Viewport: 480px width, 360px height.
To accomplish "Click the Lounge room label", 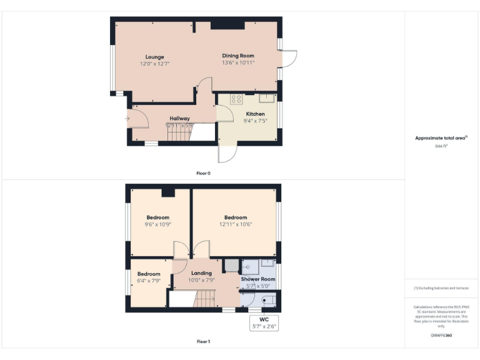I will tap(155, 57).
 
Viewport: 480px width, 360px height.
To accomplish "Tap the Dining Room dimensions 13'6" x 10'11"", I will tap(238, 63).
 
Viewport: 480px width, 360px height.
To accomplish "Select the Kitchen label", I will tap(255, 114).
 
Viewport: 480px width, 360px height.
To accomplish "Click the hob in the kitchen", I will tap(236, 99).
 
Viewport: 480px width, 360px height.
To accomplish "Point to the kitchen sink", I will tap(267, 97).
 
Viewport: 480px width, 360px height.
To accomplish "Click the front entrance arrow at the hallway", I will tap(127, 117).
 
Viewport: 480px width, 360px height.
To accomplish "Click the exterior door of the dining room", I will tap(289, 59).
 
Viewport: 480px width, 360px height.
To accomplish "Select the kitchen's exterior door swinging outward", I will tap(227, 154).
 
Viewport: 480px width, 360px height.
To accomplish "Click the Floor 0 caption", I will tap(203, 173).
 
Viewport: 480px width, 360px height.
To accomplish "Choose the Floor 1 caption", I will tap(203, 342).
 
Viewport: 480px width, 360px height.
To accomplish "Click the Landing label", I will tap(201, 273).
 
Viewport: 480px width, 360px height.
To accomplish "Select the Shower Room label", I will tap(258, 279).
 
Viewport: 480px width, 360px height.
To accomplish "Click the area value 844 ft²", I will tap(441, 146).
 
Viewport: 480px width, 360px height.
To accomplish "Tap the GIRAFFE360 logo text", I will tap(441, 336).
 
